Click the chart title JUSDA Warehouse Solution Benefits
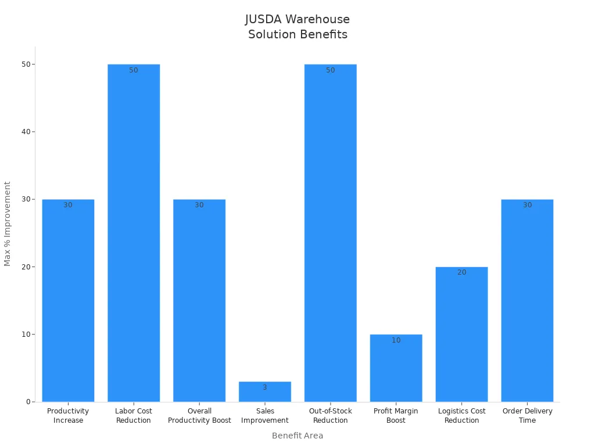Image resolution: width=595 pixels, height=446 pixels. (x=297, y=27)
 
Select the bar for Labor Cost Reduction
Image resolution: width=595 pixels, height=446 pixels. (x=134, y=232)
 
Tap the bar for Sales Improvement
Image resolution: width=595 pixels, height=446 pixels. (x=265, y=393)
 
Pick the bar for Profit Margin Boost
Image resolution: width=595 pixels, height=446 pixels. (x=396, y=368)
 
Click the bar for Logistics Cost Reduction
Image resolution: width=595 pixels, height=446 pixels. (x=461, y=334)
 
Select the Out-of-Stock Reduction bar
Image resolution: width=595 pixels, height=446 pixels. (x=330, y=232)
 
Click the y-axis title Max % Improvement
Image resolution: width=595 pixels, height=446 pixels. (x=8, y=224)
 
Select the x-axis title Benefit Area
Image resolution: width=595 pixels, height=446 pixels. (x=297, y=436)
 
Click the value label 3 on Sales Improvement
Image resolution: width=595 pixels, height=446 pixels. (x=265, y=387)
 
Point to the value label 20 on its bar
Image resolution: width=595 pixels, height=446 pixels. (x=461, y=272)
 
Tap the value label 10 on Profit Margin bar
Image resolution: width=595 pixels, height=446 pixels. (x=396, y=340)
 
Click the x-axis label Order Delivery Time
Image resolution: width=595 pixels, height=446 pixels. (x=527, y=416)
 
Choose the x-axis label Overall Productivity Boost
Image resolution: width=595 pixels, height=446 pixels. (x=199, y=416)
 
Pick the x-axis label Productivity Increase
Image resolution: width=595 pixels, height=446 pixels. (x=68, y=416)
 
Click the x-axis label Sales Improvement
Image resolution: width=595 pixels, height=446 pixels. (x=265, y=416)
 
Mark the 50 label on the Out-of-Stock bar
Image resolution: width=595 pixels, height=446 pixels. (x=330, y=70)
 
